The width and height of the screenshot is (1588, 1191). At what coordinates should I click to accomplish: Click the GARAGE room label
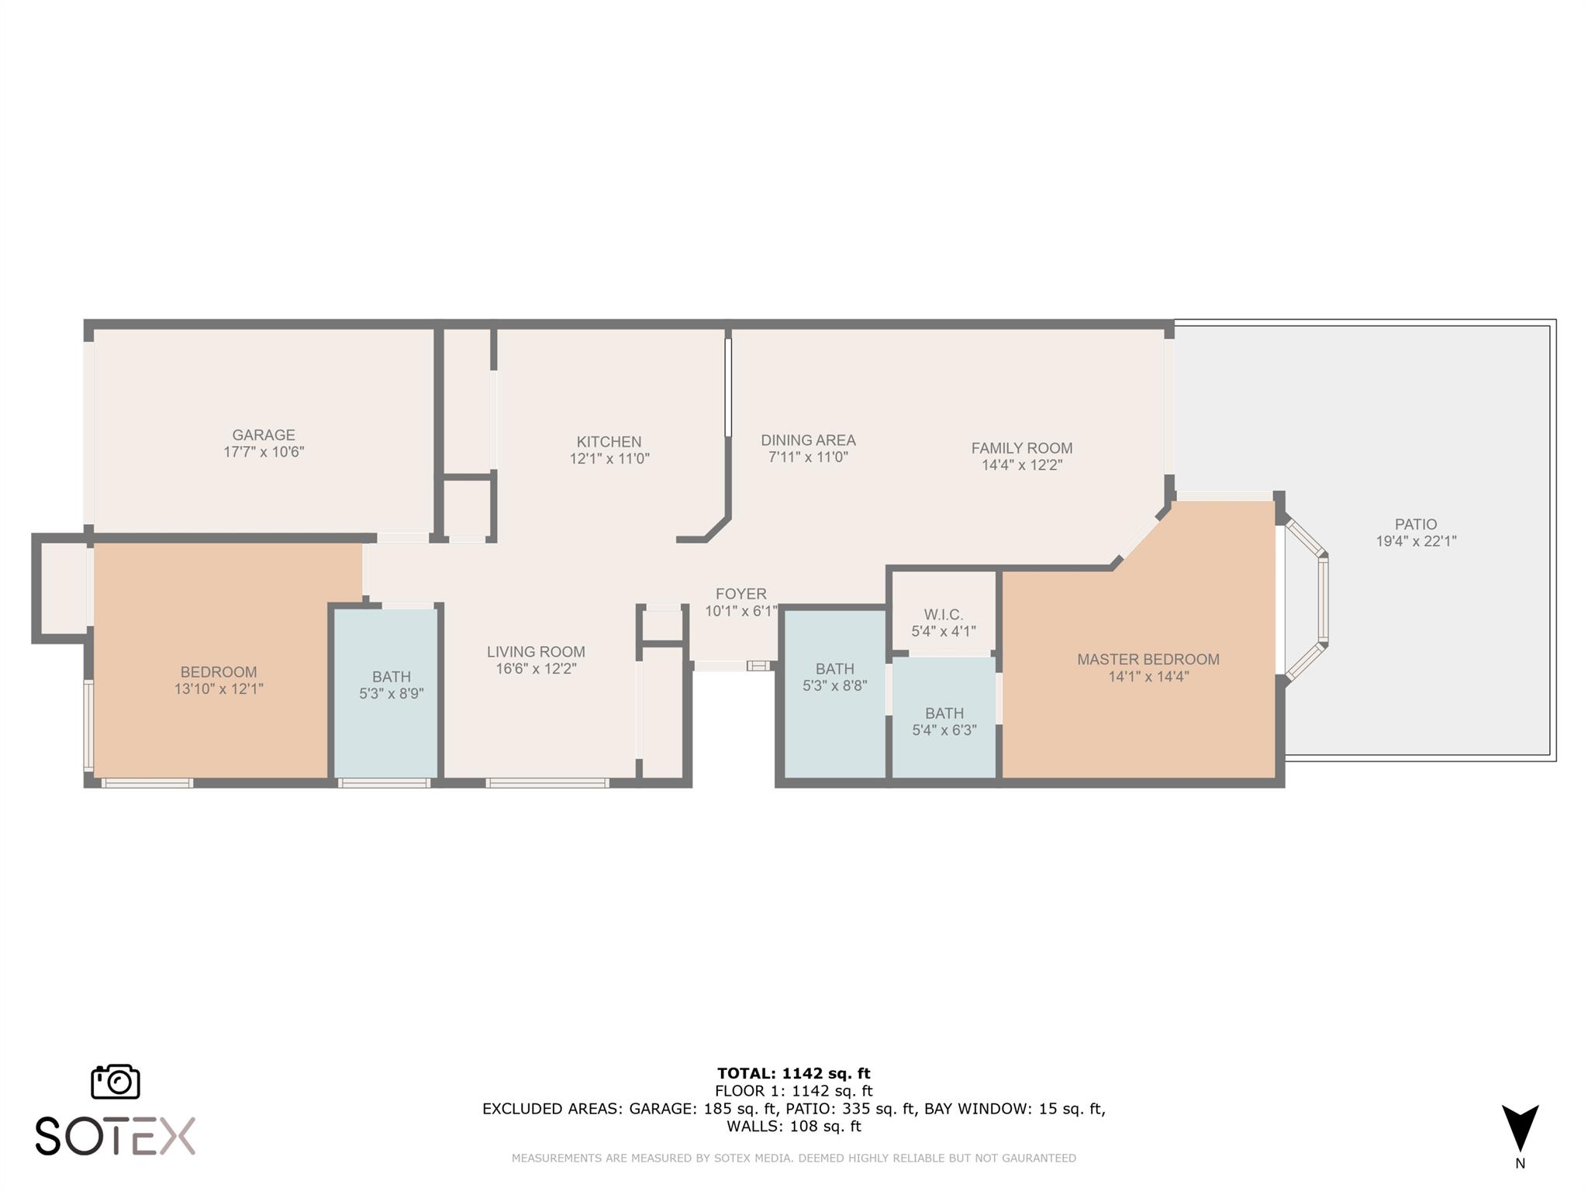click(264, 435)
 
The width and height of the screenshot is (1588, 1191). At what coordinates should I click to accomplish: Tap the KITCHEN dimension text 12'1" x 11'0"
click(609, 459)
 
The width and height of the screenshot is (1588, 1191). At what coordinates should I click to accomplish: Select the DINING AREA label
click(808, 440)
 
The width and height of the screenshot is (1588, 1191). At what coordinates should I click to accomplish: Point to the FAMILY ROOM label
click(1022, 448)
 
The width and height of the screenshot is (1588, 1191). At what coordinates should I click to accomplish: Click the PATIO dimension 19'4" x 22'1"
click(1416, 542)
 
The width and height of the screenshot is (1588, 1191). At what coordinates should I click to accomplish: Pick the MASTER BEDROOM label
click(1148, 660)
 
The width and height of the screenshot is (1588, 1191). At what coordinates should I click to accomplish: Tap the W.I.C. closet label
click(943, 615)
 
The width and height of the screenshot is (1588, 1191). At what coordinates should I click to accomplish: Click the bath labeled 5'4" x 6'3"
click(944, 721)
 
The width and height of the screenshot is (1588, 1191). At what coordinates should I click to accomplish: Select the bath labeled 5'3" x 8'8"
click(834, 677)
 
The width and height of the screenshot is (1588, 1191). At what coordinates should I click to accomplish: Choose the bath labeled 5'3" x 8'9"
click(391, 685)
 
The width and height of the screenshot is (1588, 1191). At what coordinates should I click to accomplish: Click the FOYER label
click(740, 594)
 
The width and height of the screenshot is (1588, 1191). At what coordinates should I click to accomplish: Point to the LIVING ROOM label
click(536, 652)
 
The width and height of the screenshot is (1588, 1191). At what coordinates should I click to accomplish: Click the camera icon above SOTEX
click(116, 1082)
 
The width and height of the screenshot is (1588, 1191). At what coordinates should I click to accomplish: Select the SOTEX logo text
click(116, 1137)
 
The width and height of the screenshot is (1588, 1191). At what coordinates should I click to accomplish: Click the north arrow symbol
click(1520, 1128)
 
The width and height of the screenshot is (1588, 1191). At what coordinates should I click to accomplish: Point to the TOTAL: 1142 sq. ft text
click(793, 1073)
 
